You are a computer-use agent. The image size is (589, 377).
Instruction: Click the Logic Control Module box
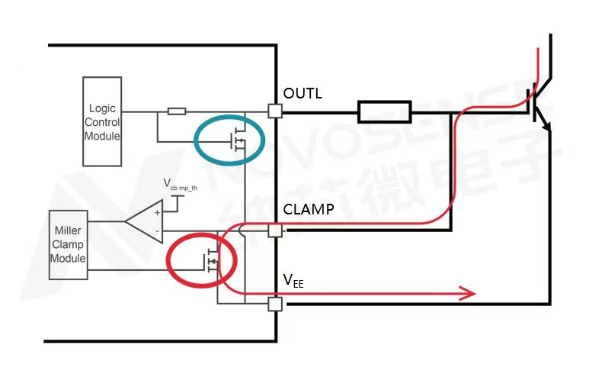(x=101, y=121)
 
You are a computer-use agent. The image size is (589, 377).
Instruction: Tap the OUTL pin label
(x=303, y=94)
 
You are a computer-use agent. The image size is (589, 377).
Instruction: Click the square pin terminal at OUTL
(x=276, y=111)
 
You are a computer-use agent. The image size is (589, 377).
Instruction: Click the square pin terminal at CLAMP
(x=276, y=229)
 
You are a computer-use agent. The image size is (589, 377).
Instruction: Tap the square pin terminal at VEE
(x=276, y=304)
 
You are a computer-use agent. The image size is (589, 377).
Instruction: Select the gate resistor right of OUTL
(x=385, y=112)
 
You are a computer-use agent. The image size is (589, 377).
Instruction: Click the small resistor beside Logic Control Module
(x=177, y=111)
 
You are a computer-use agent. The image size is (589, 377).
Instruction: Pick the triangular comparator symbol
(x=145, y=223)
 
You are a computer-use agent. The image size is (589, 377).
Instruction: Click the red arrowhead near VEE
(x=466, y=293)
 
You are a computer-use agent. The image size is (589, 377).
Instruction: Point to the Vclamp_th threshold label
(x=181, y=184)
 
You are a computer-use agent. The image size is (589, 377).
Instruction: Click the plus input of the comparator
(x=158, y=214)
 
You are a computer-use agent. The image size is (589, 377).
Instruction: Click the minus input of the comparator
(x=158, y=231)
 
